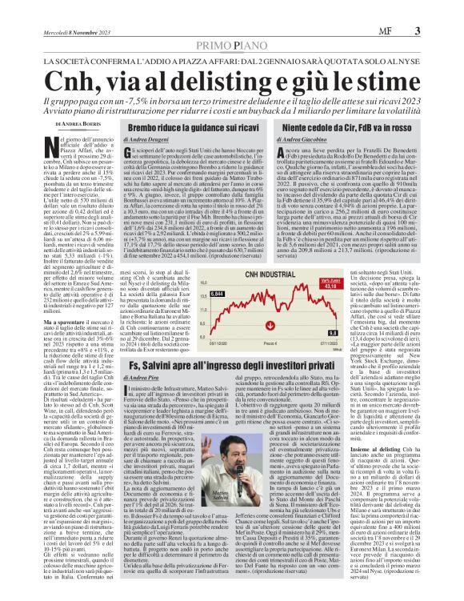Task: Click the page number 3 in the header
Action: (x=441, y=10)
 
